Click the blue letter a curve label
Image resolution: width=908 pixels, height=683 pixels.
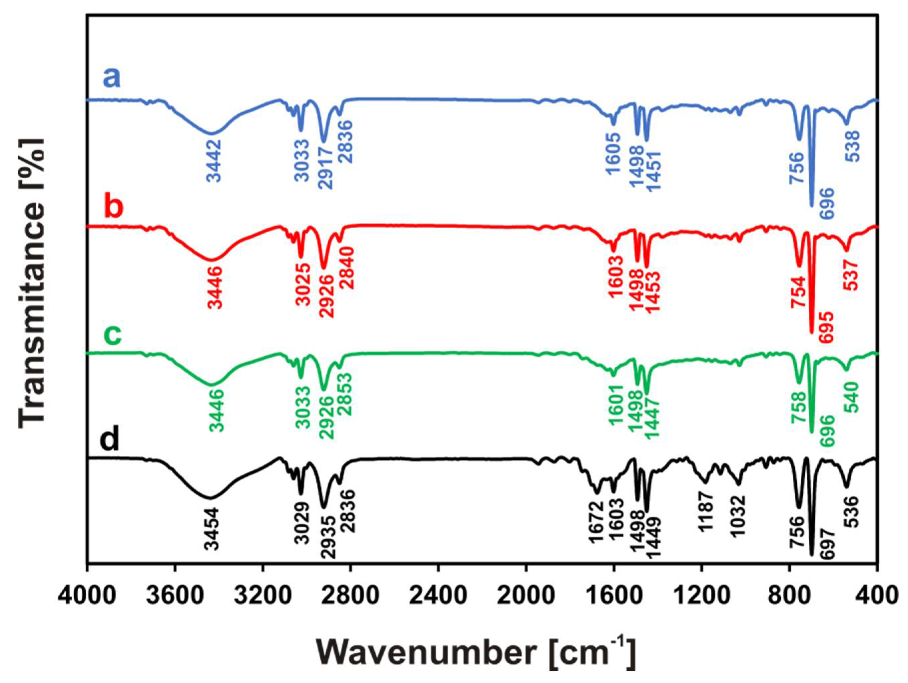pos(112,78)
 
